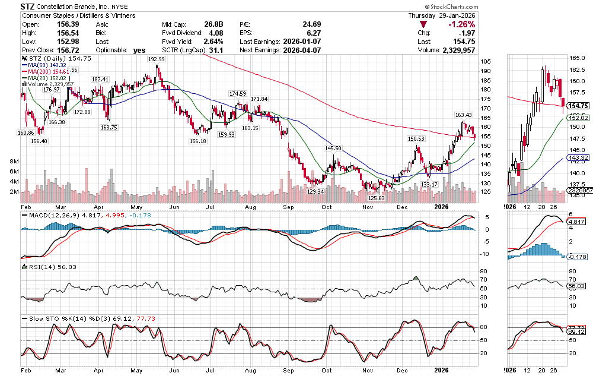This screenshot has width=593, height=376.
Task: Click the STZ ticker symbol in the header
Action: click(27, 5)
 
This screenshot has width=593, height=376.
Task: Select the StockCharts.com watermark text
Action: click(453, 6)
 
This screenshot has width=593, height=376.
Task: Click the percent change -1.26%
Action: click(461, 24)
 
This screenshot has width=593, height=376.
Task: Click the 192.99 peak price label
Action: click(157, 59)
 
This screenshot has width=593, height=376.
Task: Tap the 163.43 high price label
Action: click(463, 115)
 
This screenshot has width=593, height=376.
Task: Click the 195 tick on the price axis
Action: click(484, 62)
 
